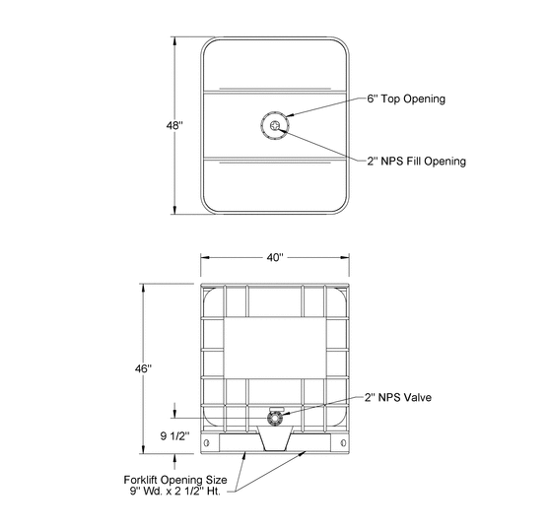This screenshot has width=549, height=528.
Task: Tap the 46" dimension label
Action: coord(144,368)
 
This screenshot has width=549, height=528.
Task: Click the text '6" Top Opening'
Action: coord(407,99)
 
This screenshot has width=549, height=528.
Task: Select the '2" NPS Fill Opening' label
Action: coord(416,161)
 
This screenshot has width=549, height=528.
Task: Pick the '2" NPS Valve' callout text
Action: coord(398,398)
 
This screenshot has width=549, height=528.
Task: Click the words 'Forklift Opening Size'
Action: coord(183,480)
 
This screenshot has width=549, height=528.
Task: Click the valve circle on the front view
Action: coord(274,418)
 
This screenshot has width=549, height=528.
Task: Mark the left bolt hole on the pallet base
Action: coord(207,443)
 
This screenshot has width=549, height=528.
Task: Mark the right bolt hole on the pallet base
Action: coord(342,443)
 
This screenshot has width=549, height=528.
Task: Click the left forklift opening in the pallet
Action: coord(225,454)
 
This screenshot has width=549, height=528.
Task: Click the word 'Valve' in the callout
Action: coord(419,398)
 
